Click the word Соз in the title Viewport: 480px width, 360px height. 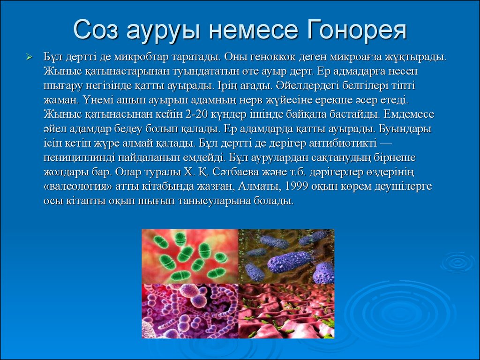coord(96,30)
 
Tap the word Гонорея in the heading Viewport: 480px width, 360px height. coord(357,30)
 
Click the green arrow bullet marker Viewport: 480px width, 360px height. coord(30,57)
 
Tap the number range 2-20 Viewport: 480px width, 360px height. coord(197,114)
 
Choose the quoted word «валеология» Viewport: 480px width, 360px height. coord(78,187)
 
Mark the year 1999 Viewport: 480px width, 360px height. coord(296,186)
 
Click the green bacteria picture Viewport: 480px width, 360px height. coord(190,256)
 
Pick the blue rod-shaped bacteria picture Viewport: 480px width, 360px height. coord(286,256)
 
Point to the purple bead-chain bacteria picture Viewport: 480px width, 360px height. coord(190,311)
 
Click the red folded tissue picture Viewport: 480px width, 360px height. coord(286,311)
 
